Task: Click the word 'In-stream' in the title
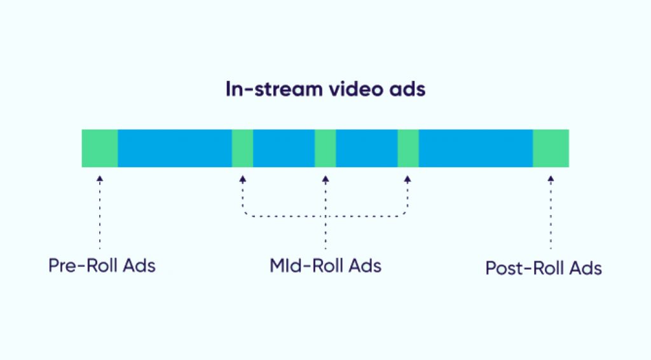click(x=274, y=89)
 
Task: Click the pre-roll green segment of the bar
click(x=100, y=148)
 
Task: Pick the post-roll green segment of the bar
click(x=551, y=148)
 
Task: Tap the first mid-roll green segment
click(x=242, y=148)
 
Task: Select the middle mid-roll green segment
click(x=325, y=148)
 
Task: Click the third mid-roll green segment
click(x=408, y=148)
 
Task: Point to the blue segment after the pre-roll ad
click(x=175, y=148)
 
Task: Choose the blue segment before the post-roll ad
click(x=476, y=148)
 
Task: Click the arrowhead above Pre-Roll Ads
click(x=100, y=179)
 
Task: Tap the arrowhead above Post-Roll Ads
click(x=551, y=179)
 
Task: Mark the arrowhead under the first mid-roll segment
click(x=242, y=179)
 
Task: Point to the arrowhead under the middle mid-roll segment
click(x=325, y=179)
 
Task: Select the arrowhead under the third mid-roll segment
click(x=408, y=179)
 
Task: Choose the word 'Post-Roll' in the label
click(x=524, y=268)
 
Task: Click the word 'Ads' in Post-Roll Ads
click(x=586, y=268)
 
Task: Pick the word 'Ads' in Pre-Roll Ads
click(x=139, y=265)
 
